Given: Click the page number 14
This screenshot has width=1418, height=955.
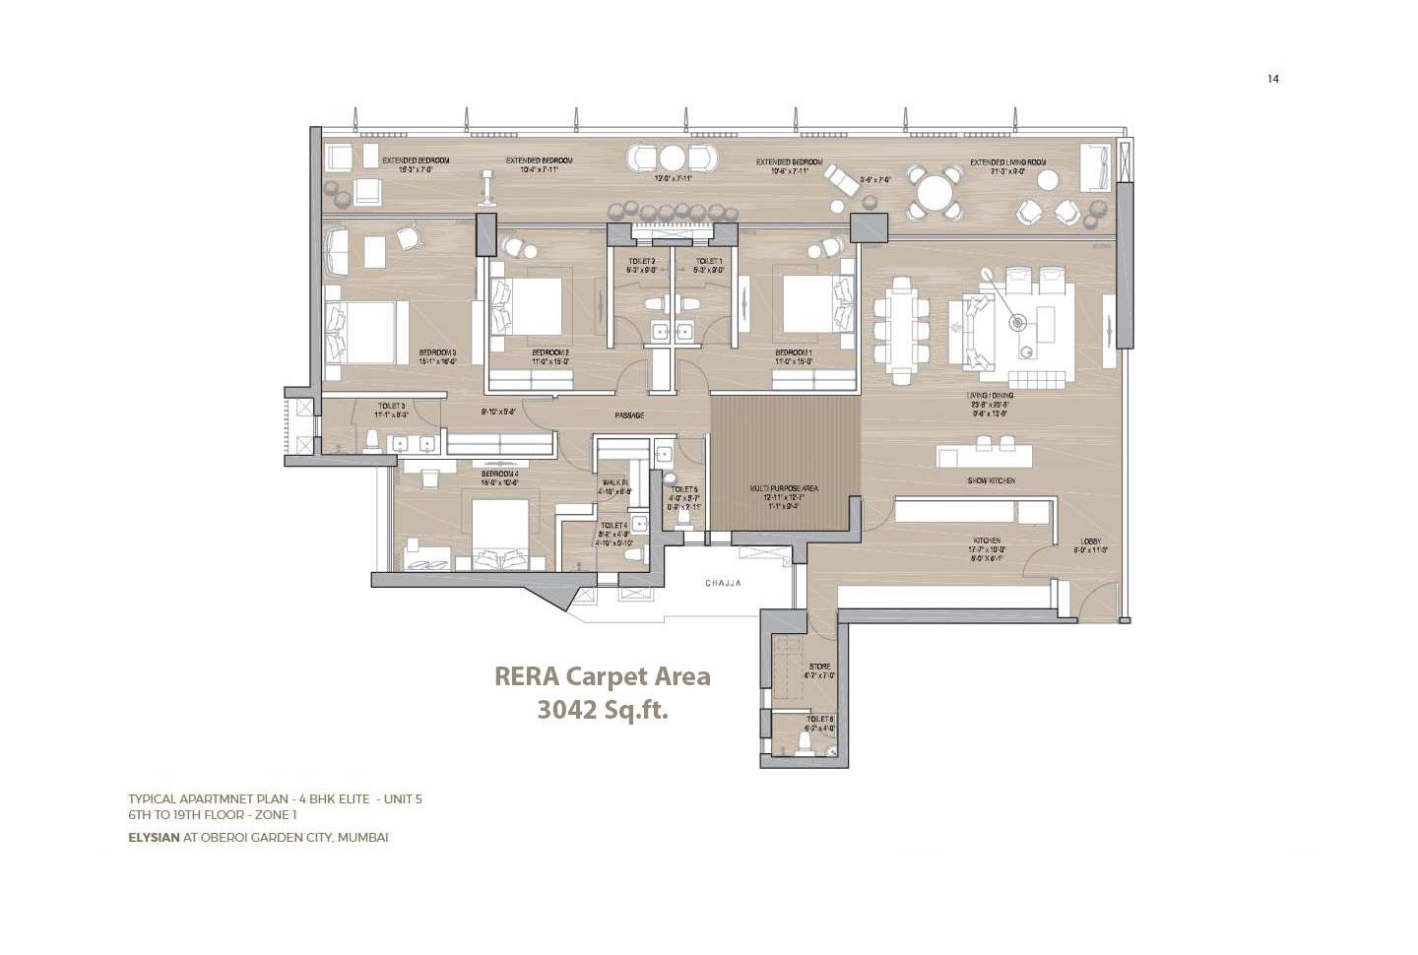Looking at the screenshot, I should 1272,79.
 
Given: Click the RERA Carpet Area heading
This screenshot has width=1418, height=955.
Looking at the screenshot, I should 602,677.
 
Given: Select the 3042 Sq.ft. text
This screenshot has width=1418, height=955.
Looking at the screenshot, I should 602,709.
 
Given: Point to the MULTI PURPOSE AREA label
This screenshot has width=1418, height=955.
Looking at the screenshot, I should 784,488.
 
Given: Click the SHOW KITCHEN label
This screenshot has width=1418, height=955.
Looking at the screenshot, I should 991,480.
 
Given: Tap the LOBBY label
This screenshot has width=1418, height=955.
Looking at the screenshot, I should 1090,541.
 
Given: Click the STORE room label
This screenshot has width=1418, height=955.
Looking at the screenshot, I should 819,667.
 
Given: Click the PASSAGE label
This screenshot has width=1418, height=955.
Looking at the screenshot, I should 629,415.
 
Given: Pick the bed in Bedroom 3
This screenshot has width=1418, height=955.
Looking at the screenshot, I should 359,332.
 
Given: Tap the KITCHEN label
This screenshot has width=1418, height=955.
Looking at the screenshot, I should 987,541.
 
